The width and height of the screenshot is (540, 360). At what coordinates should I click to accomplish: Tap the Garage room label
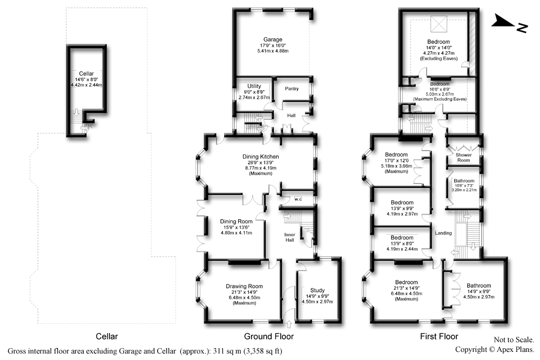[x=273, y=39]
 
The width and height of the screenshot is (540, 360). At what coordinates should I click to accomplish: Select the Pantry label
[x=292, y=89]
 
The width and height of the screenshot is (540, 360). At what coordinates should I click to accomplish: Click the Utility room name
[x=254, y=86]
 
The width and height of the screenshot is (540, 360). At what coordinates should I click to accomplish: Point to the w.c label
[x=298, y=199]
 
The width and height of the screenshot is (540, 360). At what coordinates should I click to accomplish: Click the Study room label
[x=317, y=290]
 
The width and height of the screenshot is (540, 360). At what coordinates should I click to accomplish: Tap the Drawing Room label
[x=244, y=286]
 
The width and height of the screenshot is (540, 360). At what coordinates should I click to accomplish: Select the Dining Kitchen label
[x=261, y=157]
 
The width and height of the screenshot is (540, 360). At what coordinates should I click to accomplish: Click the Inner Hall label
[x=289, y=237]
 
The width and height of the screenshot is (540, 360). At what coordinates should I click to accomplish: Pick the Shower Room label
[x=463, y=157]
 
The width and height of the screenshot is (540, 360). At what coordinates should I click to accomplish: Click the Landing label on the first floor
[x=443, y=233]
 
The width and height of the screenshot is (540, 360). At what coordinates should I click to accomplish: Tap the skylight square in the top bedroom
[x=438, y=23]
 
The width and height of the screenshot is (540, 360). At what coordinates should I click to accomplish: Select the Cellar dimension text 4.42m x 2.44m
[x=86, y=85]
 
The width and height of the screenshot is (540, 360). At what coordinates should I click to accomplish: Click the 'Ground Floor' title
[x=269, y=336]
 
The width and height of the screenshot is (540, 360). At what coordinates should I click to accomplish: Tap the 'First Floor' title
[x=439, y=336]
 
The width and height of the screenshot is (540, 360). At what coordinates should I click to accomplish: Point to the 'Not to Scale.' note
[x=514, y=339]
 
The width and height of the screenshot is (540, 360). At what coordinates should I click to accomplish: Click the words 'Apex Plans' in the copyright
[x=515, y=350]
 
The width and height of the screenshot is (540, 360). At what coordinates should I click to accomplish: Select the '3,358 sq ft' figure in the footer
[x=263, y=351]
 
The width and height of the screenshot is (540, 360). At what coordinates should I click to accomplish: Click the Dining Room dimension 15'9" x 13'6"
[x=237, y=227]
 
